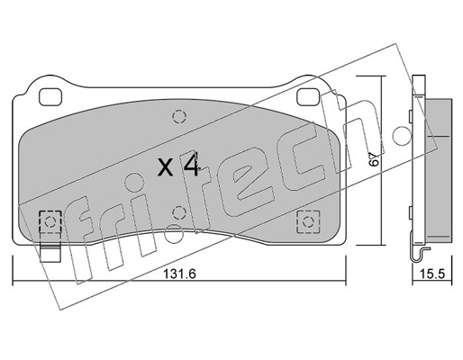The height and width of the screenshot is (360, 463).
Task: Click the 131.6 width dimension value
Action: pyautogui.click(x=179, y=274)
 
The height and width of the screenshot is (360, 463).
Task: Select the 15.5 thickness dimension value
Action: pyautogui.click(x=432, y=274)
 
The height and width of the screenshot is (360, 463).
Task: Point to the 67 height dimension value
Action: pyautogui.click(x=374, y=158)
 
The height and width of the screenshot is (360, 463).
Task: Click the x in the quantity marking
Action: pyautogui.click(x=166, y=167)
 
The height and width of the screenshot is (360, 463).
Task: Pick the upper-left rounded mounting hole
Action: pyautogui.click(x=50, y=97)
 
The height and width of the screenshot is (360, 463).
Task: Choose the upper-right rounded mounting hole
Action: pyautogui.click(x=307, y=97)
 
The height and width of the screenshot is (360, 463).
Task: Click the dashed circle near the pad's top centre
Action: pyautogui.click(x=179, y=117)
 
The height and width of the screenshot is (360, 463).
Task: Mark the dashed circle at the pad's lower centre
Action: pyautogui.click(x=179, y=212)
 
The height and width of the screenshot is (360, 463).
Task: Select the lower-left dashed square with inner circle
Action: pyautogui.click(x=50, y=221)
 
